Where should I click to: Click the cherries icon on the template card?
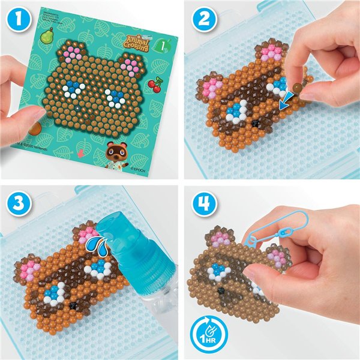(x=155, y=85)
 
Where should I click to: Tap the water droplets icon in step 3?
(x=94, y=243)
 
